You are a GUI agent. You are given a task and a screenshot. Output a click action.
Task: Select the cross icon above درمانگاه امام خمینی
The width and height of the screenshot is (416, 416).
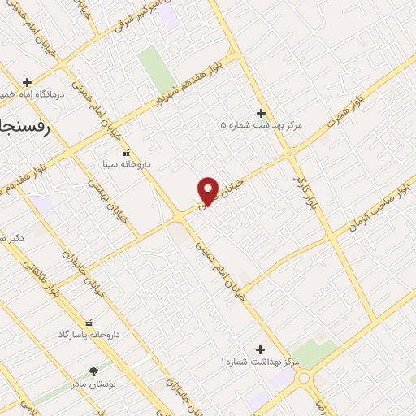28,82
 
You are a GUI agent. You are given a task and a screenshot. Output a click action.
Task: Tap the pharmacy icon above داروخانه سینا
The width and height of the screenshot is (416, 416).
126,152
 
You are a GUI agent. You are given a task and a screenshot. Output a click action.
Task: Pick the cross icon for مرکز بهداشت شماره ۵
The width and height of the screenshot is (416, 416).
261,113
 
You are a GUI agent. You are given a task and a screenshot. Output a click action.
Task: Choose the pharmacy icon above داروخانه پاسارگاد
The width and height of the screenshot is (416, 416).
89,323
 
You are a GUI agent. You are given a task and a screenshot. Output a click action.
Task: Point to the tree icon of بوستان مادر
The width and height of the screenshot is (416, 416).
94,370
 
